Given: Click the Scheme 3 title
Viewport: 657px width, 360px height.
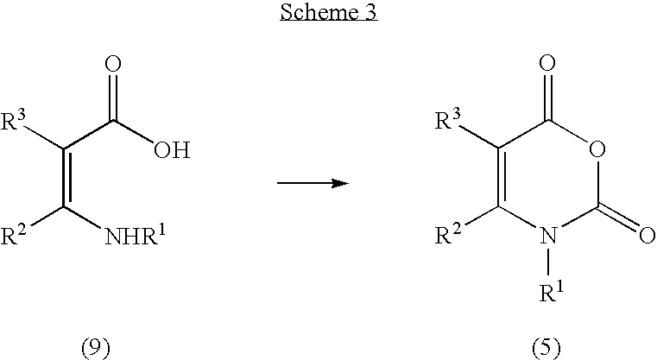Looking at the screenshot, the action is point(329,12).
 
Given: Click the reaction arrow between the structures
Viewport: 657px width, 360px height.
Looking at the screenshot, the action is point(313,183).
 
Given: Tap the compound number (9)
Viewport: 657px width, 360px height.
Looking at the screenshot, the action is point(96,348).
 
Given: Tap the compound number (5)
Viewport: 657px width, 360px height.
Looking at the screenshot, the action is point(546,348).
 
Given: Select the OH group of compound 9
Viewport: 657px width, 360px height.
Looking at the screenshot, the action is point(172,149).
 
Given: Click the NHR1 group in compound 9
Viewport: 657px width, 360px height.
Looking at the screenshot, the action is point(136,235).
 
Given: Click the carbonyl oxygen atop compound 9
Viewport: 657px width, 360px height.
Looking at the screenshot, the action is point(113,64).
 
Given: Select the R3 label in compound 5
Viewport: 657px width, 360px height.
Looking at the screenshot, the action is point(448,119).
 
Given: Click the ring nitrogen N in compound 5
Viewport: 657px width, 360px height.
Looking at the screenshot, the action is point(548,235).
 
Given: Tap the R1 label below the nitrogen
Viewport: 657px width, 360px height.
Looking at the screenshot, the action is point(551,291).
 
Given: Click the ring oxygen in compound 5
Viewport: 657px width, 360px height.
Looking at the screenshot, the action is point(597,149).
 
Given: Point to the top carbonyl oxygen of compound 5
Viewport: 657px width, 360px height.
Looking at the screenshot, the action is point(547,63).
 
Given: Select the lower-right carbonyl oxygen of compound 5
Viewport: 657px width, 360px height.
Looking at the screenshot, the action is point(647,235).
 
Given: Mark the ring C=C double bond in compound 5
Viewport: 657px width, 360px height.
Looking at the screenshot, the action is point(501,178).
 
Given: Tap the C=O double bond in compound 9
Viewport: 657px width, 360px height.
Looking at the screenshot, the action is point(113,99).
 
